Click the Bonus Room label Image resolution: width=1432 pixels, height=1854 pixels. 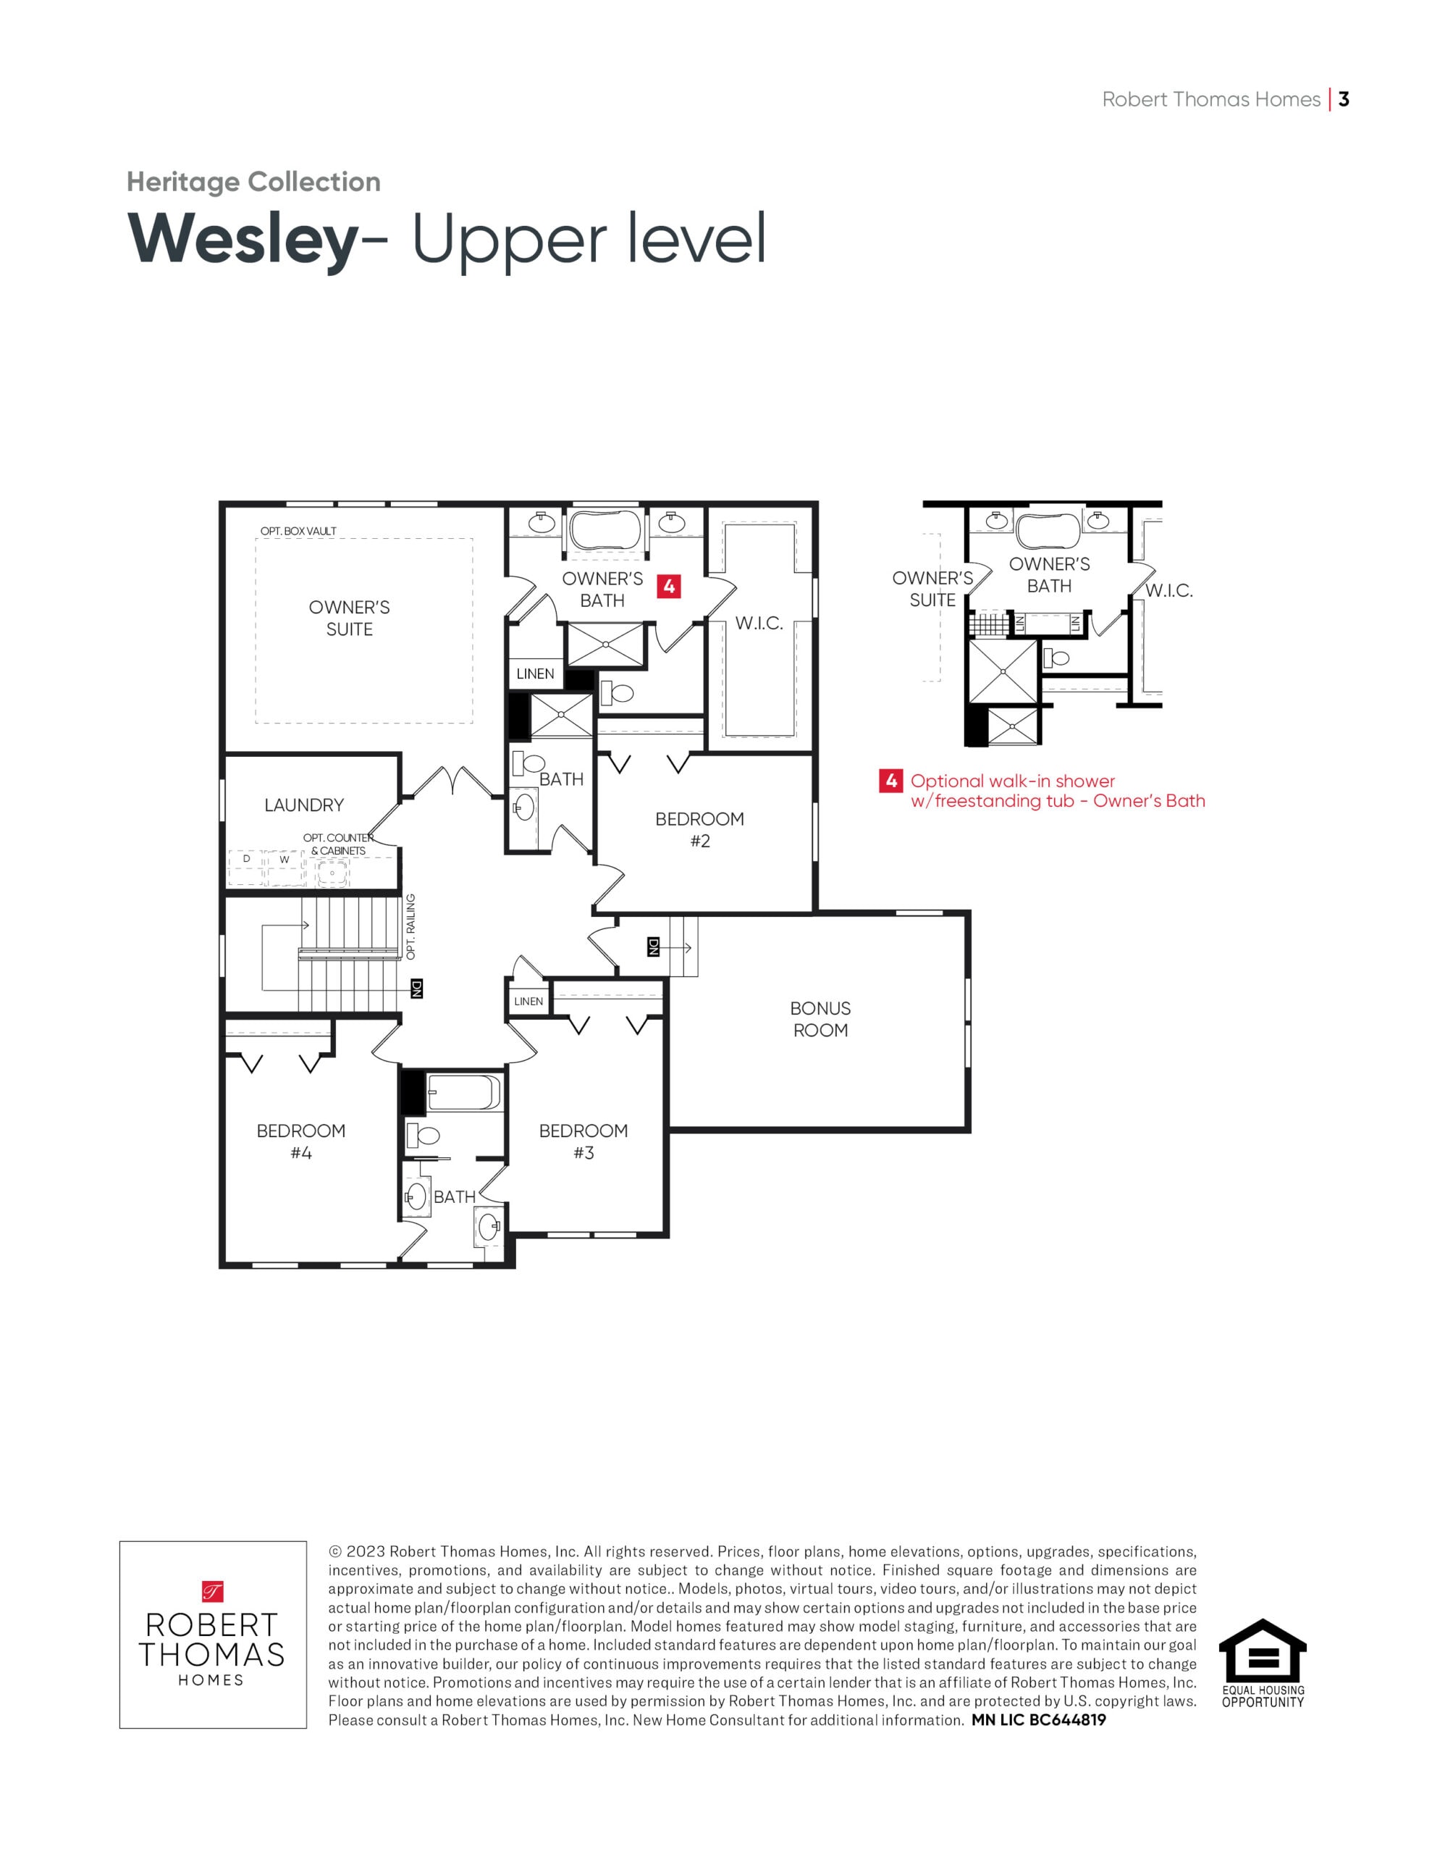point(820,1019)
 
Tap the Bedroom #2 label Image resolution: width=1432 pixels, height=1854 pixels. point(699,829)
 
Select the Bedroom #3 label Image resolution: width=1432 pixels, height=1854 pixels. point(584,1141)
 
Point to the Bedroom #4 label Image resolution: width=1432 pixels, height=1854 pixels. point(300,1141)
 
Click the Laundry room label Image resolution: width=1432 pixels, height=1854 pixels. point(304,805)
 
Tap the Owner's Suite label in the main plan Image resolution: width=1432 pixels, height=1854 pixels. point(349,618)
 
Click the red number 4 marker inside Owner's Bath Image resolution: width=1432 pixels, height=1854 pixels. point(669,586)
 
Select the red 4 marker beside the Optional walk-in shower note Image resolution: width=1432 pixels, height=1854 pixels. point(890,780)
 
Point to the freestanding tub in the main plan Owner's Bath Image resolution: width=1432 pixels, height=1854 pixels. point(605,531)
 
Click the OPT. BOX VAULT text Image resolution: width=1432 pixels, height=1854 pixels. point(298,532)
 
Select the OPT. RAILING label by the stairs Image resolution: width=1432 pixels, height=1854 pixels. point(410,926)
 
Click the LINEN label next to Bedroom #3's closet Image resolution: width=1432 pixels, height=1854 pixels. point(528,1002)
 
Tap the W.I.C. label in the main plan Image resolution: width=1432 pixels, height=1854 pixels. point(759,623)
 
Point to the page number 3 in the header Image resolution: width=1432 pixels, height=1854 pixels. point(1343,99)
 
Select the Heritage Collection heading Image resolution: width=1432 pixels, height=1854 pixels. point(253,182)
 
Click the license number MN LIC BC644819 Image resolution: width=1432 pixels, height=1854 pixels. point(1038,1720)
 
